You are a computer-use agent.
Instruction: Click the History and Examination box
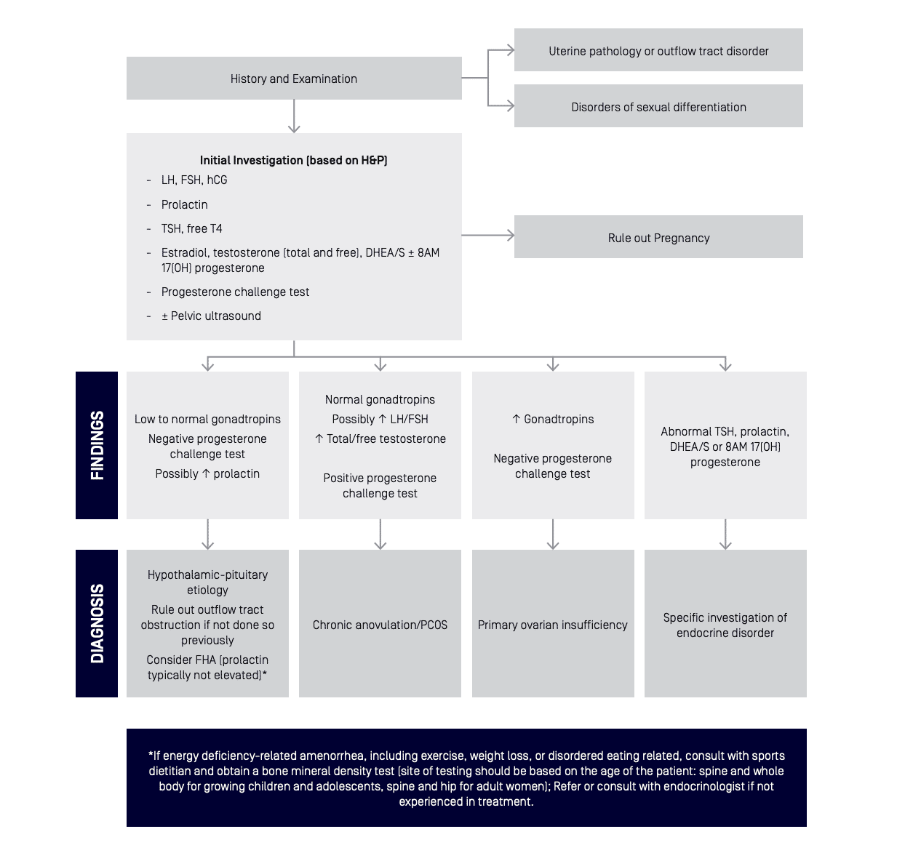coord(294,79)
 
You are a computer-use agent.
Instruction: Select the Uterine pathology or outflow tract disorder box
coord(658,49)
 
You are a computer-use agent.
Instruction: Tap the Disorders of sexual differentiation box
coord(658,106)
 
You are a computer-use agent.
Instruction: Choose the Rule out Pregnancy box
coord(658,236)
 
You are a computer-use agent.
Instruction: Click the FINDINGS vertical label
coord(97,445)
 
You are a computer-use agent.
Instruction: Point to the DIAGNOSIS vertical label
coord(97,623)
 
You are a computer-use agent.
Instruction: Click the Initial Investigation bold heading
coord(294,160)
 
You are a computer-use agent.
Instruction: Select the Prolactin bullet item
coord(184,204)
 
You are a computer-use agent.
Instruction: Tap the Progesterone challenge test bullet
coord(235,292)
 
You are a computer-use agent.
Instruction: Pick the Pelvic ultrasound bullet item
coord(211,316)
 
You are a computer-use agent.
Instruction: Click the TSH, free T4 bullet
coord(191,228)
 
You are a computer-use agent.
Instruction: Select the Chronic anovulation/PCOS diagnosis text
coord(380,625)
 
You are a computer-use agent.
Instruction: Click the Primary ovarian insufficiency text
coord(552,625)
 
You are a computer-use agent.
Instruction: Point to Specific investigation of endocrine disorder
coord(725,625)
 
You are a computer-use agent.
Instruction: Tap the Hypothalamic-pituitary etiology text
coord(207,582)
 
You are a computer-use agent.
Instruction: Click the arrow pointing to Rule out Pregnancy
coord(488,235)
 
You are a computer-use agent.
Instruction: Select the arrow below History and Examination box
coord(294,116)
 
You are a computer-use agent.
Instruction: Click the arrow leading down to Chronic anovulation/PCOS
coord(380,534)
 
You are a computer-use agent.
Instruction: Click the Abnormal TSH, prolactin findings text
coord(725,446)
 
